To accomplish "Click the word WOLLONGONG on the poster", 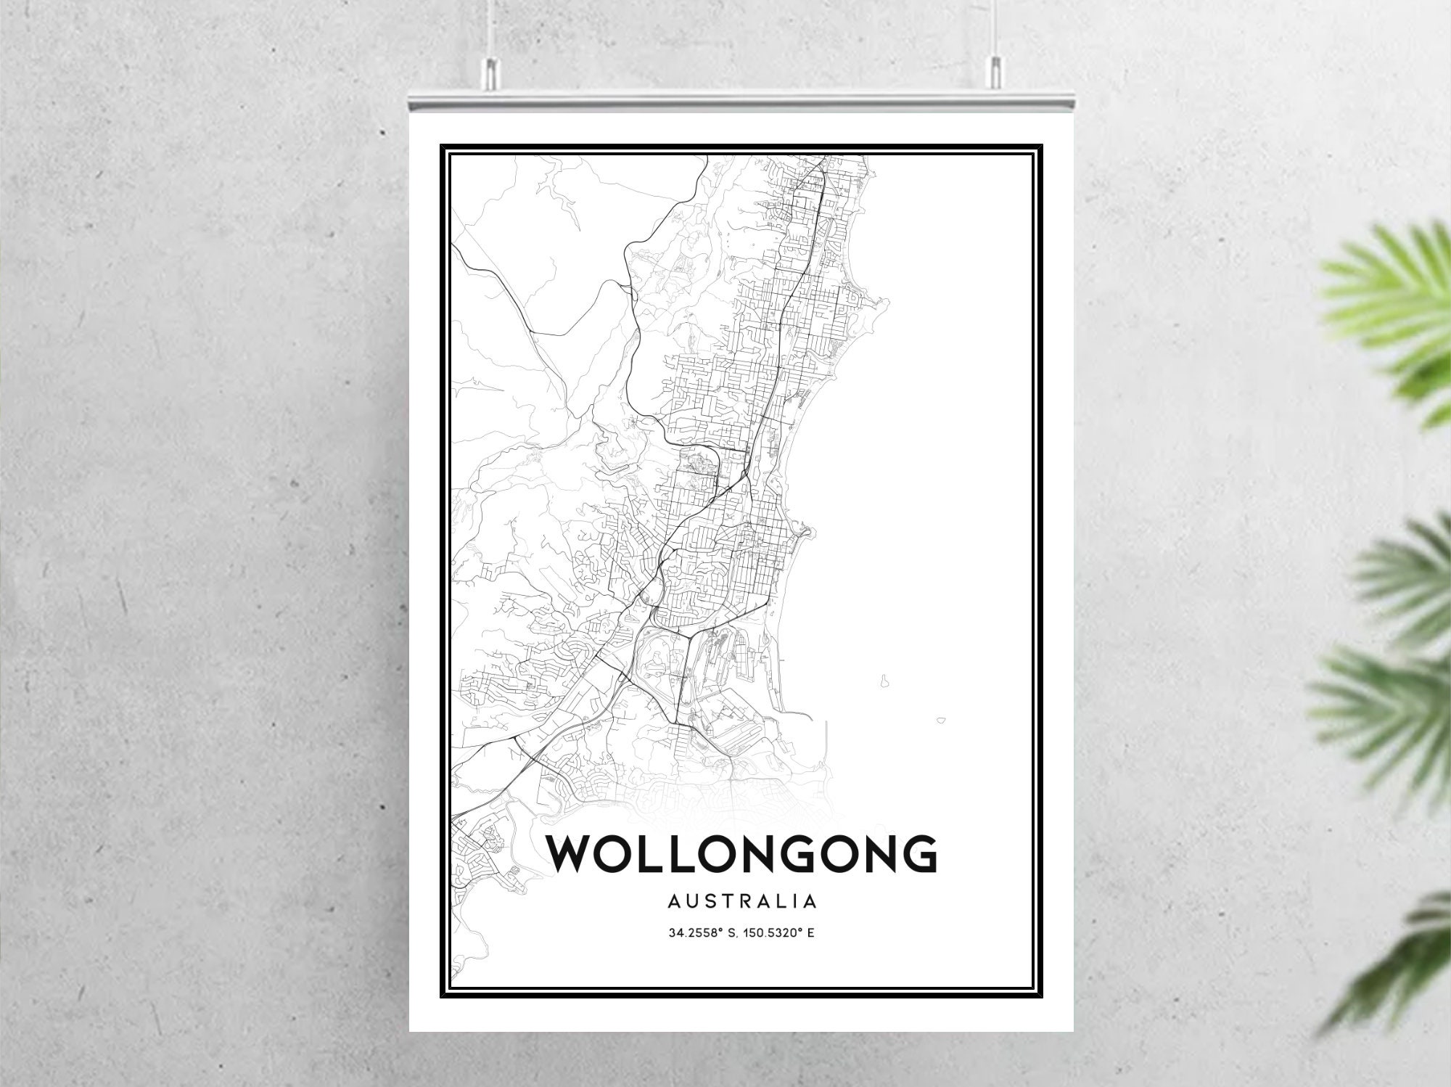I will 742,854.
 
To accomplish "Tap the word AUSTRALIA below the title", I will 741,902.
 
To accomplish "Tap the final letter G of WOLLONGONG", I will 916,854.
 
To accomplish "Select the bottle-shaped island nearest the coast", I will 884,681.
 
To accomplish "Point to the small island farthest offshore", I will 941,721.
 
